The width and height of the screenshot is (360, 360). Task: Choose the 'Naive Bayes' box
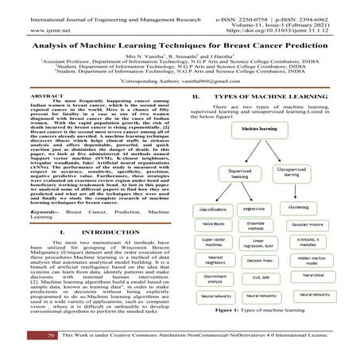[214, 226]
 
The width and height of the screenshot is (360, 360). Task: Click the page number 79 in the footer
[28, 338]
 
